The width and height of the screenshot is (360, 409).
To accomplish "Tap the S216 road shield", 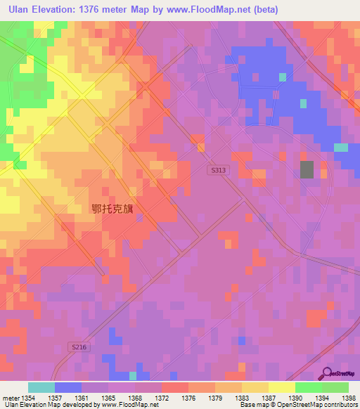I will click(x=79, y=346).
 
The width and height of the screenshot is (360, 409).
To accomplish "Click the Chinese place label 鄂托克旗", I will click(x=116, y=209).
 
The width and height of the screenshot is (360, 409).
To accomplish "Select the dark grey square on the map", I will click(x=307, y=169).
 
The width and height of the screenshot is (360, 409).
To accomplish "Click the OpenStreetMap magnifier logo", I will click(x=328, y=372).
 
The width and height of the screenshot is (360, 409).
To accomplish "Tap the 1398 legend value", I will click(x=349, y=398).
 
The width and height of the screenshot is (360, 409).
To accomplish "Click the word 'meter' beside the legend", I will click(x=10, y=398).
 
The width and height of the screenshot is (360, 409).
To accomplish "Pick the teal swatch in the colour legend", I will click(x=41, y=387).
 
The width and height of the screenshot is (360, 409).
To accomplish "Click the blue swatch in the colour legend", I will click(x=67, y=387).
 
